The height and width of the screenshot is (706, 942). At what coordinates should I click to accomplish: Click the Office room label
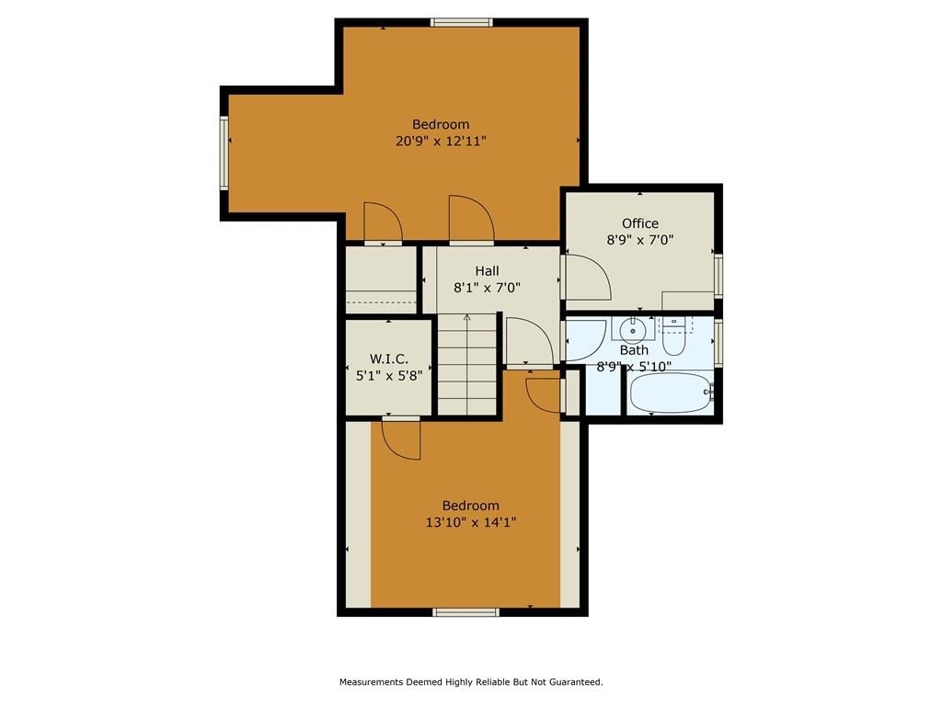640,223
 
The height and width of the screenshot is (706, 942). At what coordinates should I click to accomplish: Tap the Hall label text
488,271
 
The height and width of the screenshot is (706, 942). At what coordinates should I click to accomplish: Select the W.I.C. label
389,359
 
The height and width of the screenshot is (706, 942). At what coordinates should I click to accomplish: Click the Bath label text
634,350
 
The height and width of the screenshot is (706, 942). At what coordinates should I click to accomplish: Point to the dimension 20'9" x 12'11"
441,141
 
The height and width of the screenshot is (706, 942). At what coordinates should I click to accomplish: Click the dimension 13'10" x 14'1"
471,522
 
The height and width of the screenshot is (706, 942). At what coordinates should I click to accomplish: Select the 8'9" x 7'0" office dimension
640,240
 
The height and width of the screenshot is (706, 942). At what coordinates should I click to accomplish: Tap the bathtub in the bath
671,393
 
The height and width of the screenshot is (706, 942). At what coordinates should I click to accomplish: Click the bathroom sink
633,329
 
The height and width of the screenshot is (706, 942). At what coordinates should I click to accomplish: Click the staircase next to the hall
467,364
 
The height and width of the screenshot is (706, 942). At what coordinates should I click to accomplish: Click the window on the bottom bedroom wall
466,612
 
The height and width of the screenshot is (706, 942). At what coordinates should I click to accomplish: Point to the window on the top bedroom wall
462,23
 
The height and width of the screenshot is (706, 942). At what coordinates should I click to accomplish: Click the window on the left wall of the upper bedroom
224,154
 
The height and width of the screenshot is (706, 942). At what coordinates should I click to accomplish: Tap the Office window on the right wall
718,276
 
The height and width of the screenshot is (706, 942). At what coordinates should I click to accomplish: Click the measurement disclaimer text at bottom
471,682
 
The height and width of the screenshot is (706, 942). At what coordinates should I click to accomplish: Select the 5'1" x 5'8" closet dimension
389,376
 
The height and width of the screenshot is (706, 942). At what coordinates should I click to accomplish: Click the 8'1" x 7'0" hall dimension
487,288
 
